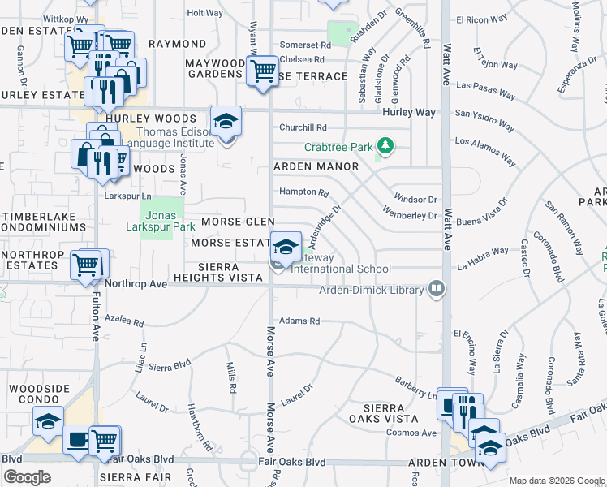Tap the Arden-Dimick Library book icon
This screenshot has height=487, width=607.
437,289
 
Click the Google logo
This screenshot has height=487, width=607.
28,477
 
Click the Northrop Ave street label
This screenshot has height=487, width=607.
136,284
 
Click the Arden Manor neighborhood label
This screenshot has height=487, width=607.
316,166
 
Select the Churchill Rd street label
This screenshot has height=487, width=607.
303,127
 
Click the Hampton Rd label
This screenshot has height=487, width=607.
303,192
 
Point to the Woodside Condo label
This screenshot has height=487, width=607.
40,394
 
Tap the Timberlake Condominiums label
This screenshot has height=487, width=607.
45,223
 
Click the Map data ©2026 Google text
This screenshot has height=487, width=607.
556,481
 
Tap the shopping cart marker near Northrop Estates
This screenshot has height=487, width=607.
86,264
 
